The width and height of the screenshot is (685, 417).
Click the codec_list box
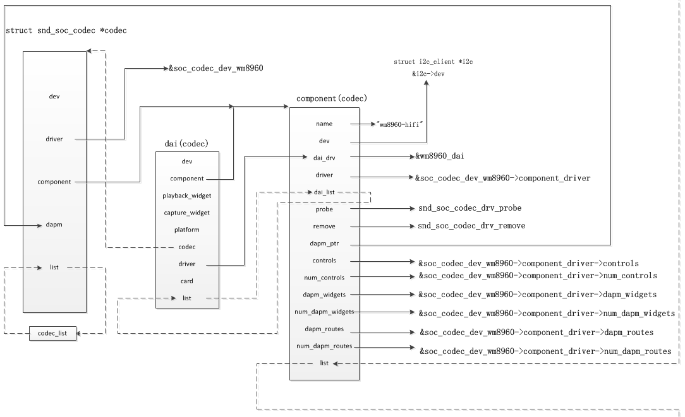(52, 333)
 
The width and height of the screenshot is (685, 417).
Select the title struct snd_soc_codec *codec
(66, 30)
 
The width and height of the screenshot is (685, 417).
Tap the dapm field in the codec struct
(54, 225)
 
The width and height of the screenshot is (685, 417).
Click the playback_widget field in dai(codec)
(187, 196)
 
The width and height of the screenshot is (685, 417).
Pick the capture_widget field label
(187, 213)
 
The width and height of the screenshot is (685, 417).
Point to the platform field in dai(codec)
(187, 230)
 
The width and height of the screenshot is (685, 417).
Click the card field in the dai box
(187, 281)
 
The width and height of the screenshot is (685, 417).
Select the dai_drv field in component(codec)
(324, 158)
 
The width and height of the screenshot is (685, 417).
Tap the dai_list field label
(324, 192)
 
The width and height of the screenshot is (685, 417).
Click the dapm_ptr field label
(324, 244)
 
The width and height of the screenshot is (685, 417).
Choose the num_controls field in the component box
(324, 278)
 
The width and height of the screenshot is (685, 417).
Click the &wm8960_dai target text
(439, 156)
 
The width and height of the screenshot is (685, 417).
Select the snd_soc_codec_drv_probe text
(470, 208)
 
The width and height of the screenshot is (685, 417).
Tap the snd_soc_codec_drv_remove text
(471, 226)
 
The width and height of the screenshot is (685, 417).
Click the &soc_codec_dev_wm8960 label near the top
(216, 68)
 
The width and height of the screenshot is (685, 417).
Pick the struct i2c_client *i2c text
(433, 62)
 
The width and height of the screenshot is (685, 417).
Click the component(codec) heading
(332, 98)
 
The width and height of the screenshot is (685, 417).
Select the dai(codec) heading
(186, 143)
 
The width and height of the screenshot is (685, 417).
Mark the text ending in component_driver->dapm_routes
(536, 332)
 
